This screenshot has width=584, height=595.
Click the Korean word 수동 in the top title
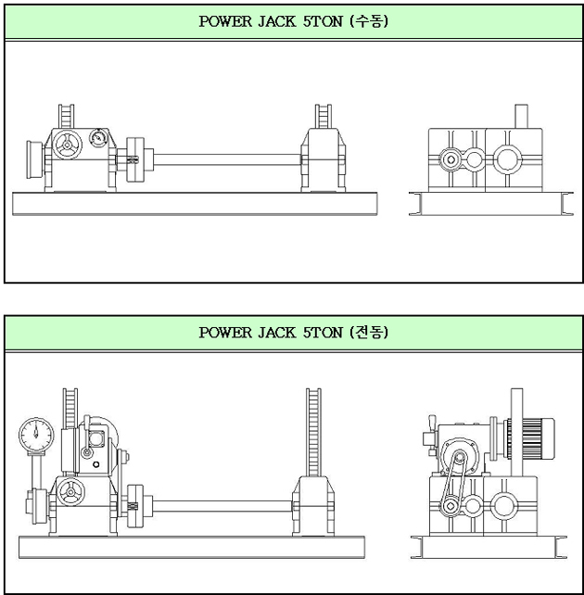368,21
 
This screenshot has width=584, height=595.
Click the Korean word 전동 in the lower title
368,333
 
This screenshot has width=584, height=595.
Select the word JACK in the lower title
276,333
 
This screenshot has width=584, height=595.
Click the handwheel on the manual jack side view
67,145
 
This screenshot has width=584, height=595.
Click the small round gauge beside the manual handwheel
98,137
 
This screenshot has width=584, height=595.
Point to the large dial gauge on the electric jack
36,435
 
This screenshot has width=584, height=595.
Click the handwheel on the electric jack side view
70,492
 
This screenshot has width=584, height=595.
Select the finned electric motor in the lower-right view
531,437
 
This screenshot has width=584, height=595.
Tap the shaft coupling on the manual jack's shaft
135,159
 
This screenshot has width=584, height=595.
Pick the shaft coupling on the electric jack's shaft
134,506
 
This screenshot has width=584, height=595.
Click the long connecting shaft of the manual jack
227,159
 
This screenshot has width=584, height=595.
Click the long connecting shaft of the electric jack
222,506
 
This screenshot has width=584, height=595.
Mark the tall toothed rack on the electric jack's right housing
313,433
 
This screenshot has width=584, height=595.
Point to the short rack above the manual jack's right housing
324,117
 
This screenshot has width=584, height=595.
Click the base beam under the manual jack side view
195,204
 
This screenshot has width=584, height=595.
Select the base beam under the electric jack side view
192,547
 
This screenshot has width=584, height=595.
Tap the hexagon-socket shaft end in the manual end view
451,159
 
